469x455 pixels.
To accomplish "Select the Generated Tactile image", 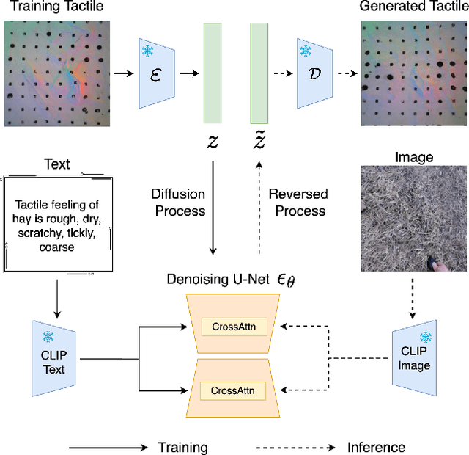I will click(x=413, y=73).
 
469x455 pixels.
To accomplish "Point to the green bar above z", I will click(x=213, y=73).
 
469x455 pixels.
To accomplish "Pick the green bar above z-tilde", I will click(x=259, y=73).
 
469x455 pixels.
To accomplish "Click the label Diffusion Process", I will click(x=178, y=203).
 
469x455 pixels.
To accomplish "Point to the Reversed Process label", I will click(x=298, y=203).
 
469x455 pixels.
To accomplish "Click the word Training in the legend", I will click(x=182, y=447).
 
